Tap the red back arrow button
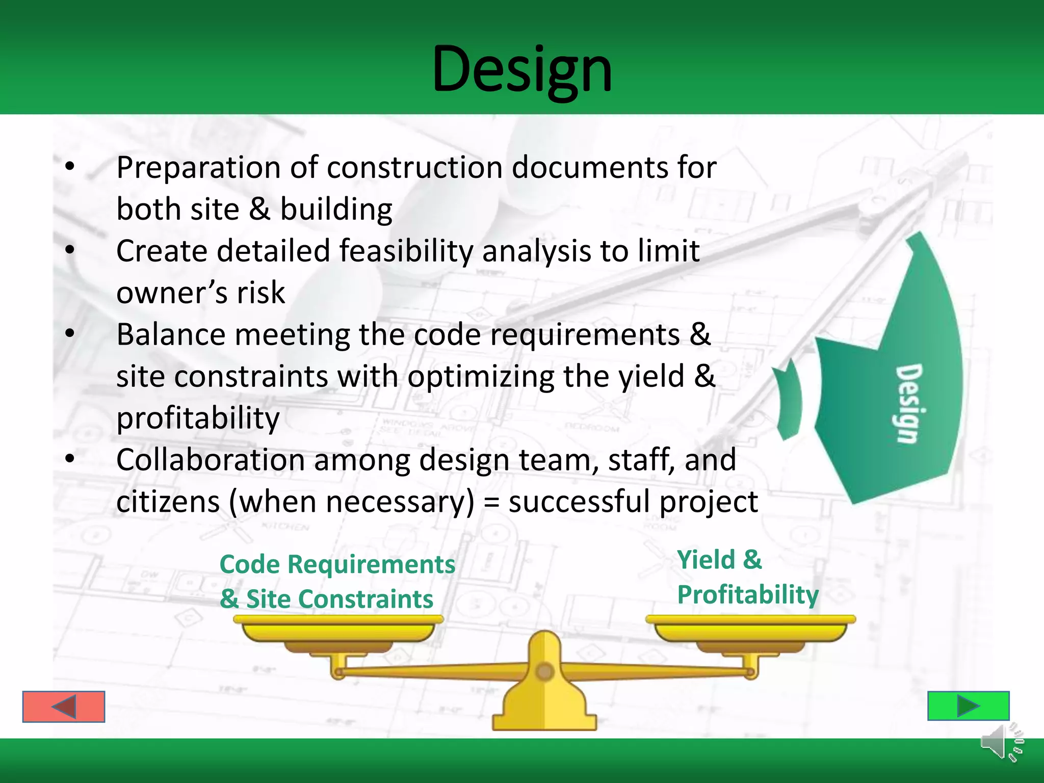(64, 707)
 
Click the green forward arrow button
(968, 706)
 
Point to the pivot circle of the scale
(544, 671)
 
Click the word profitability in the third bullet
(198, 418)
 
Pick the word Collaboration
(211, 460)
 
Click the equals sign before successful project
(491, 503)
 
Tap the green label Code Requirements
(337, 564)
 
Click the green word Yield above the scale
(706, 560)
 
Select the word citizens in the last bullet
(168, 502)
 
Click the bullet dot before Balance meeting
(70, 334)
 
